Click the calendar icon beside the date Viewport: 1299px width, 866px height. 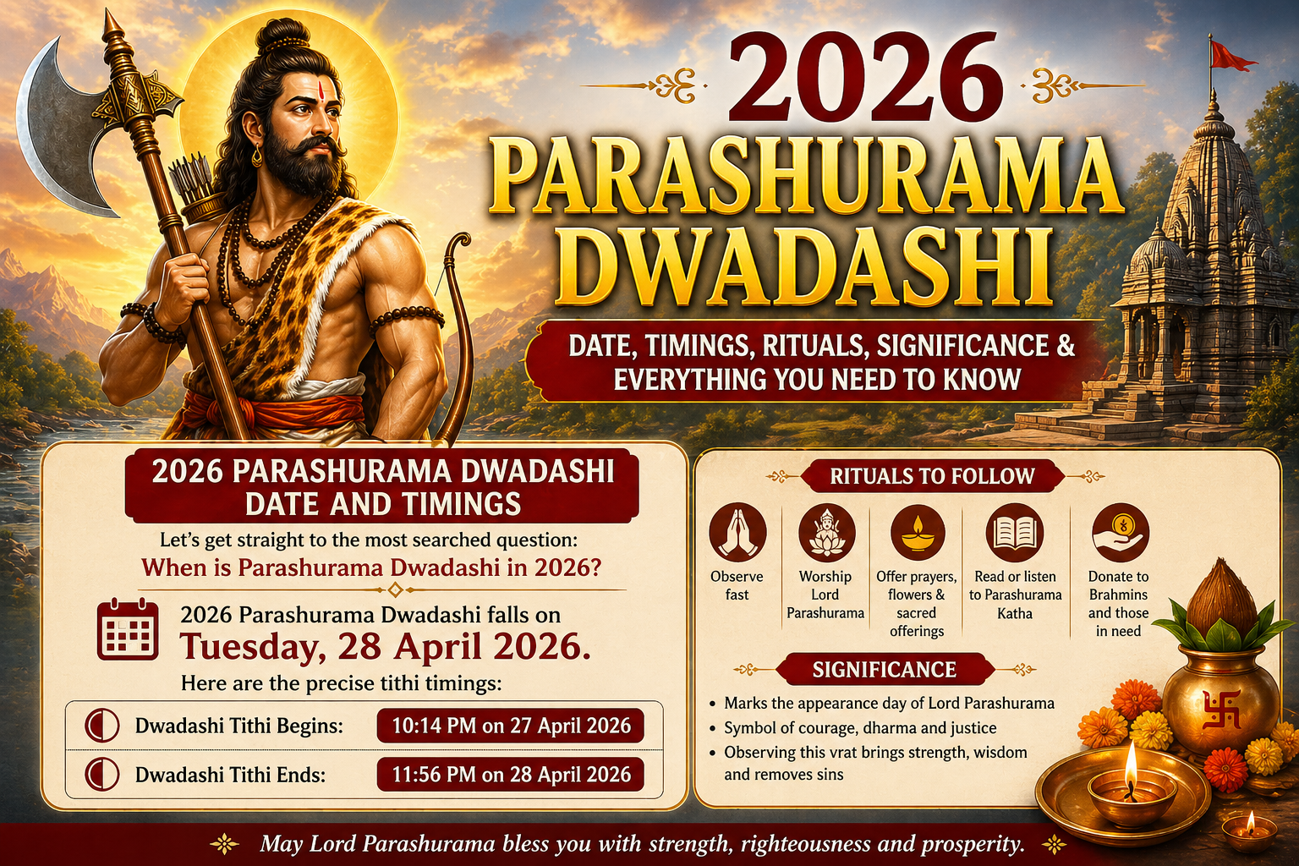127,630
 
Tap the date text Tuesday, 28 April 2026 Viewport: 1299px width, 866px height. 385,647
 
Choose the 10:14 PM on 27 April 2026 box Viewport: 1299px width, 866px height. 511,726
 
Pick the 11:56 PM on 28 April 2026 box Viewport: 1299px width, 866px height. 511,775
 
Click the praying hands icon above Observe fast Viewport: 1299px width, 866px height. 737,533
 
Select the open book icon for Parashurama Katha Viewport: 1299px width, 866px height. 1015,533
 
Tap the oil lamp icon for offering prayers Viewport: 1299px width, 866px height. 917,533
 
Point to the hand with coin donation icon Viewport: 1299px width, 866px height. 1118,533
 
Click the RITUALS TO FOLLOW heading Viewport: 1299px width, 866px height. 932,476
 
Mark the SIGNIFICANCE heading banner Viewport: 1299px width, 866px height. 884,670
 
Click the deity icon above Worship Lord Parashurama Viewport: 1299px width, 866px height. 825,533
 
